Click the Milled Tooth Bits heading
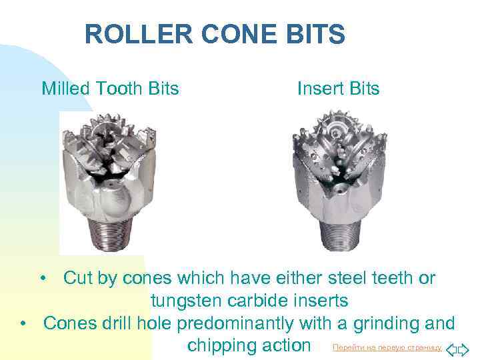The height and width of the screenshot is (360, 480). click(x=110, y=89)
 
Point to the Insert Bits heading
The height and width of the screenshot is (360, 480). click(x=338, y=89)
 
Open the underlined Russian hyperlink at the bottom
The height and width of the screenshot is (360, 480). click(x=387, y=347)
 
